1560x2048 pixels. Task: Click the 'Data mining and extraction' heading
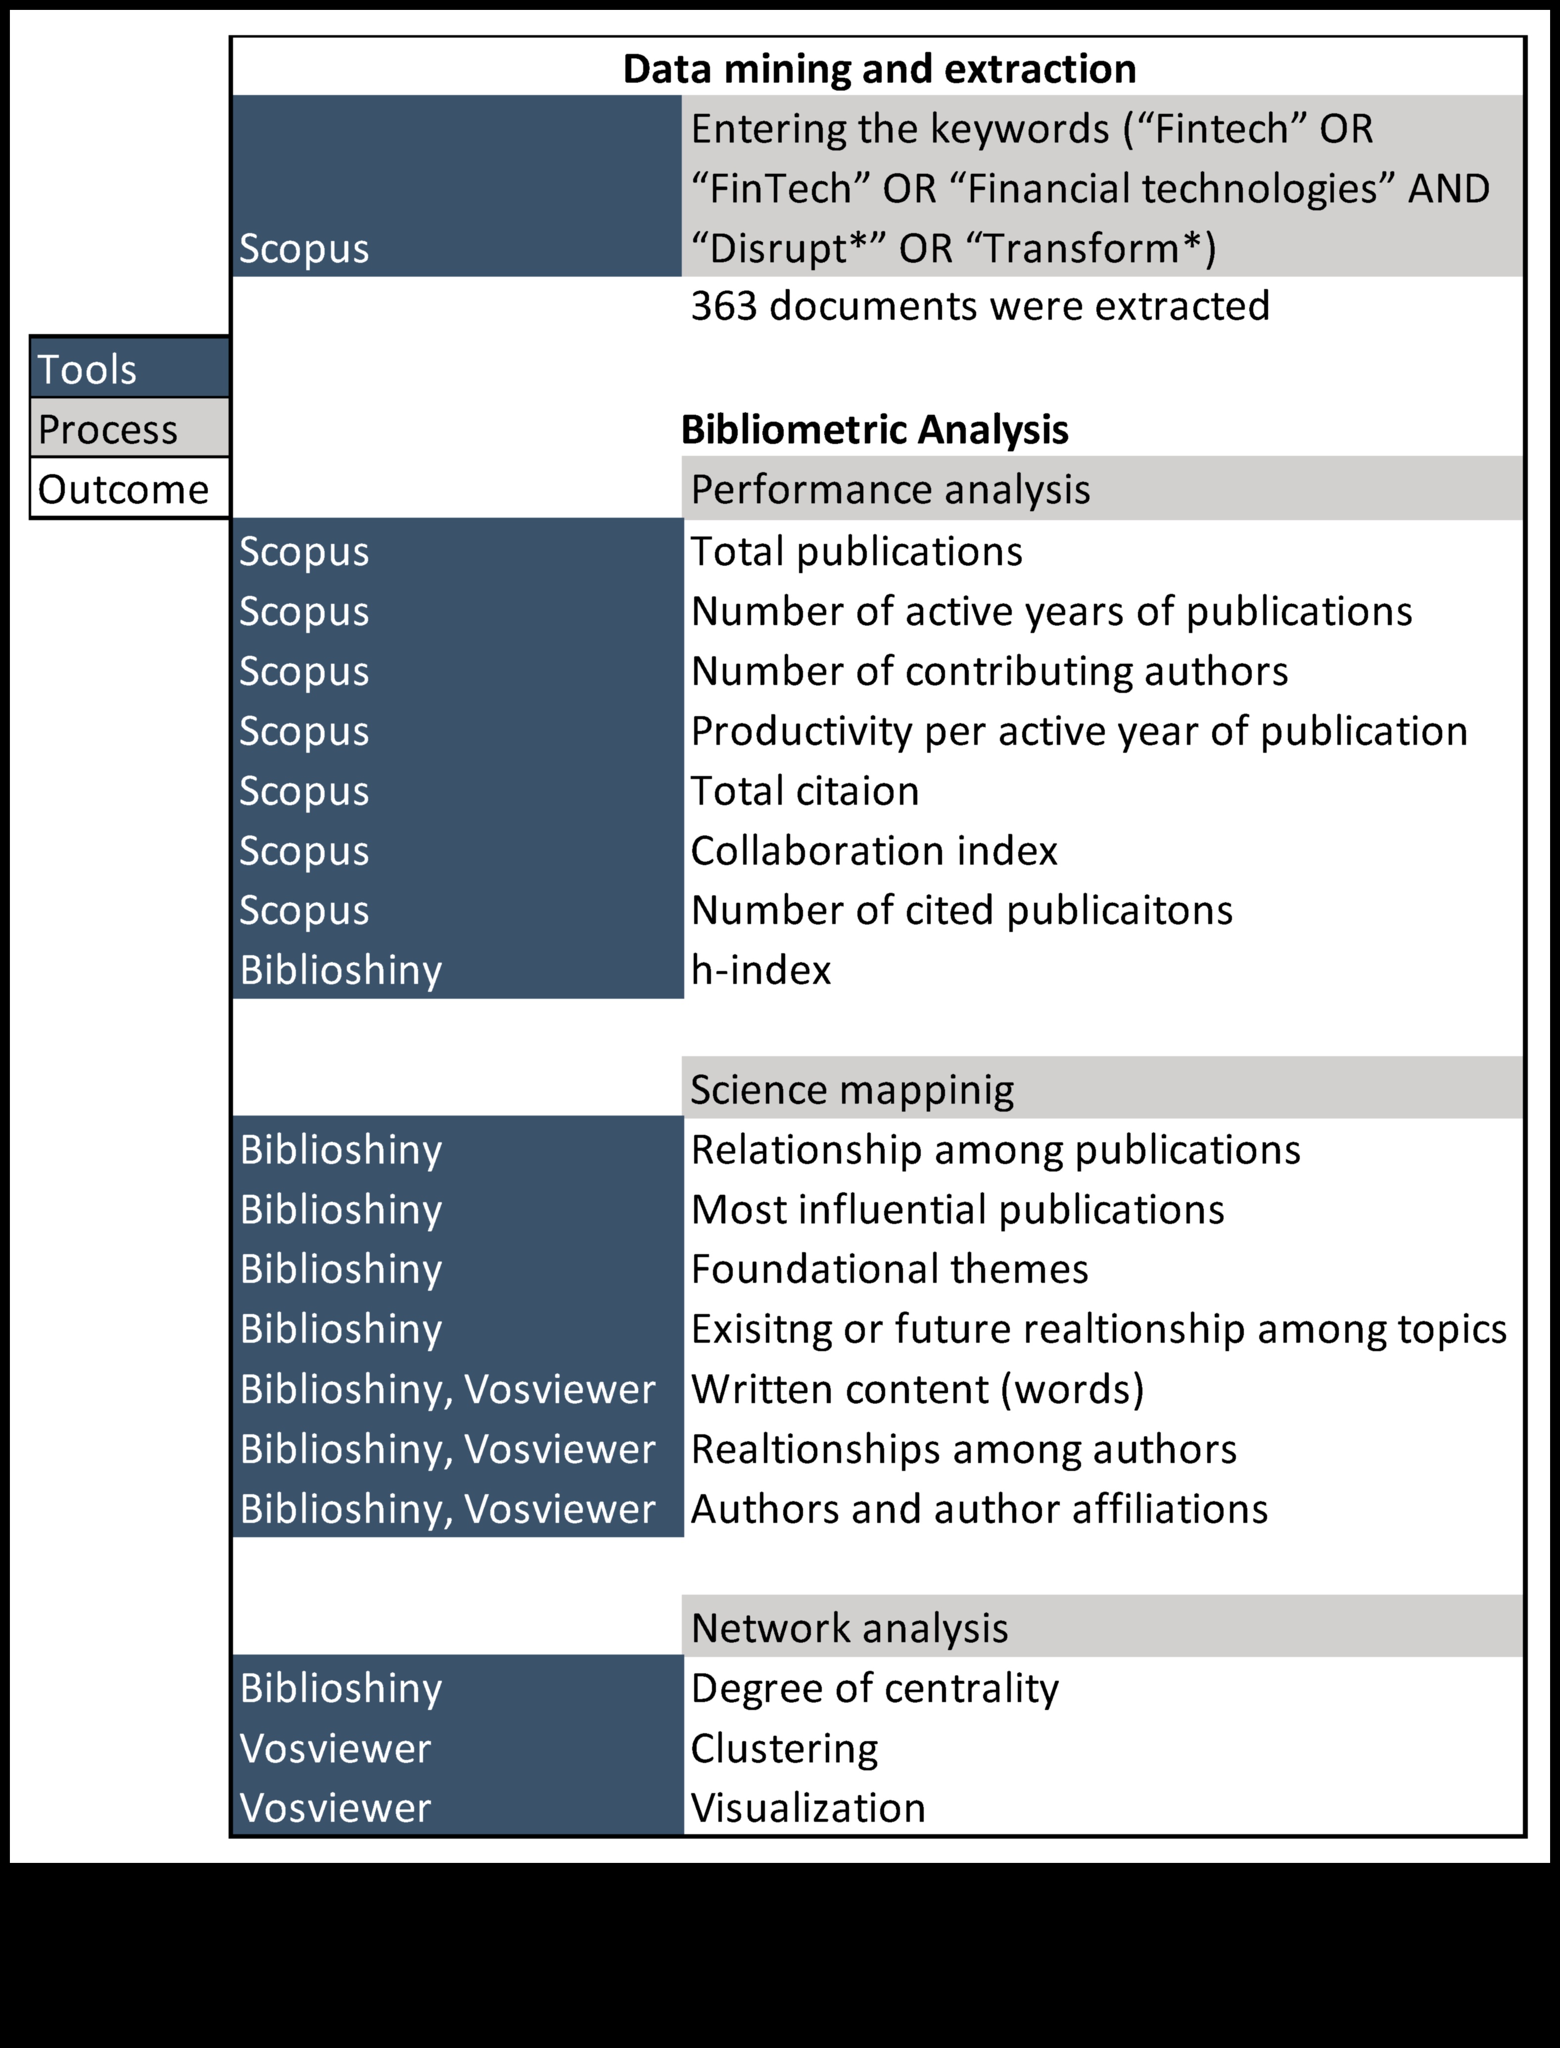coord(878,69)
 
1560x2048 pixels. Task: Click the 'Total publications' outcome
coord(855,552)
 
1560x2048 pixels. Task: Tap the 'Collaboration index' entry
coord(873,851)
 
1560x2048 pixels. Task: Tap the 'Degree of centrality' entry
coord(874,1689)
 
